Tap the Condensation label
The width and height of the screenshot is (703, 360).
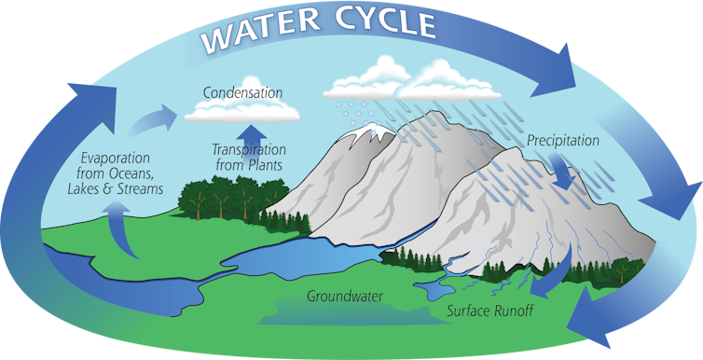pos(242,93)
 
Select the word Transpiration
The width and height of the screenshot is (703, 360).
pos(249,149)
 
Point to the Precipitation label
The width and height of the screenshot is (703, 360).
pos(562,141)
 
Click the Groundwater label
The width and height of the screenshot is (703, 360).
pos(347,298)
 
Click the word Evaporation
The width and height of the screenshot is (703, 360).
pos(114,157)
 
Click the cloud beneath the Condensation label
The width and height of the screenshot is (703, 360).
pos(242,113)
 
